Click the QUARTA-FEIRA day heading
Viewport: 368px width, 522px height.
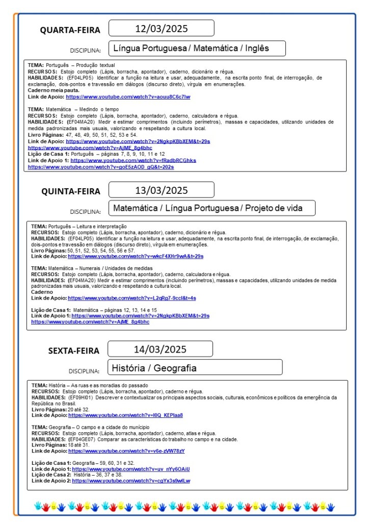click(70, 30)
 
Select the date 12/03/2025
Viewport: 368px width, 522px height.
click(161, 28)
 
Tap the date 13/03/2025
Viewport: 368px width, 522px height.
click(161, 190)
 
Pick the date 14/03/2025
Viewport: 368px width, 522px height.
click(160, 349)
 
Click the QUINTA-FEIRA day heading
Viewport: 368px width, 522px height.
click(71, 192)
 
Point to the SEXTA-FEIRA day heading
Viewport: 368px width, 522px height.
click(73, 351)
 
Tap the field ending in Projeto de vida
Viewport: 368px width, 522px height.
click(212, 208)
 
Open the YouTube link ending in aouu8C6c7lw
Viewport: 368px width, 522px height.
click(128, 96)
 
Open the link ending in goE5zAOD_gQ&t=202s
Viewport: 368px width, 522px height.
click(101, 167)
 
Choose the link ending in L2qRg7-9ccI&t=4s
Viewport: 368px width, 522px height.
click(132, 298)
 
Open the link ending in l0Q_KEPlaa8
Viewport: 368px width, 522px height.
click(125, 415)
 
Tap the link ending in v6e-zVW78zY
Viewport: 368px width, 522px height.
click(126, 451)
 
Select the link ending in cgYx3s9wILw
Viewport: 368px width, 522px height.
click(131, 481)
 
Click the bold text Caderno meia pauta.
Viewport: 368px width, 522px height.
click(54, 90)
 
